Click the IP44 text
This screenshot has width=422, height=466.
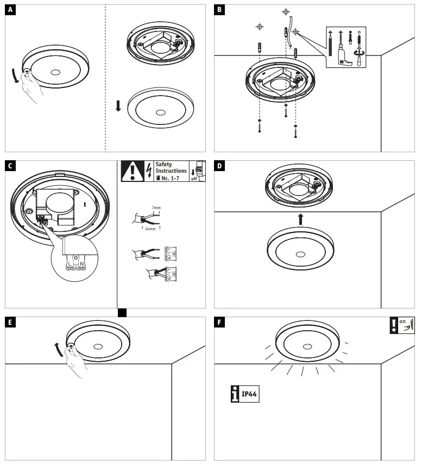pos(249,394)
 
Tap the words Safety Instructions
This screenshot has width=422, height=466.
pos(171,167)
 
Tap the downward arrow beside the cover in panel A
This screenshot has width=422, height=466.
pos(118,104)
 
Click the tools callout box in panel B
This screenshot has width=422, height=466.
pos(347,47)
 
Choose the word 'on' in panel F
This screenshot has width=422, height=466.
pos(402,322)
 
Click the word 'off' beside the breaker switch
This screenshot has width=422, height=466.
pos(193,178)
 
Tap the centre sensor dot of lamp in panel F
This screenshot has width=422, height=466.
pos(307,346)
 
